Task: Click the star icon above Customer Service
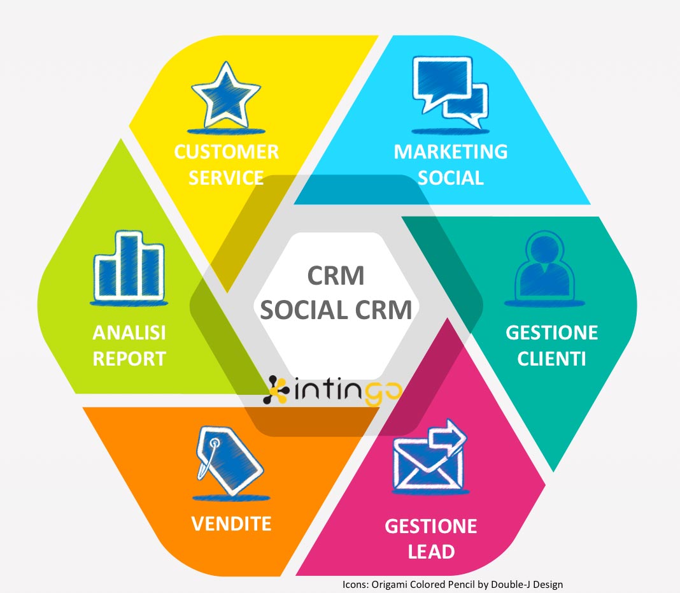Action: [x=225, y=97]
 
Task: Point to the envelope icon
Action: [x=423, y=462]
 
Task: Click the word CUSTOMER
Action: [x=227, y=152]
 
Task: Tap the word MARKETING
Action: [x=450, y=152]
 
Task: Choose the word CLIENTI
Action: [x=551, y=358]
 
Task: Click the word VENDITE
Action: [x=232, y=524]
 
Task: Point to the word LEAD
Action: [x=430, y=551]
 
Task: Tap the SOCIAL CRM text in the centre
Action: [x=337, y=310]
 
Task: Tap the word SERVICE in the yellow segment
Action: [x=227, y=177]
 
